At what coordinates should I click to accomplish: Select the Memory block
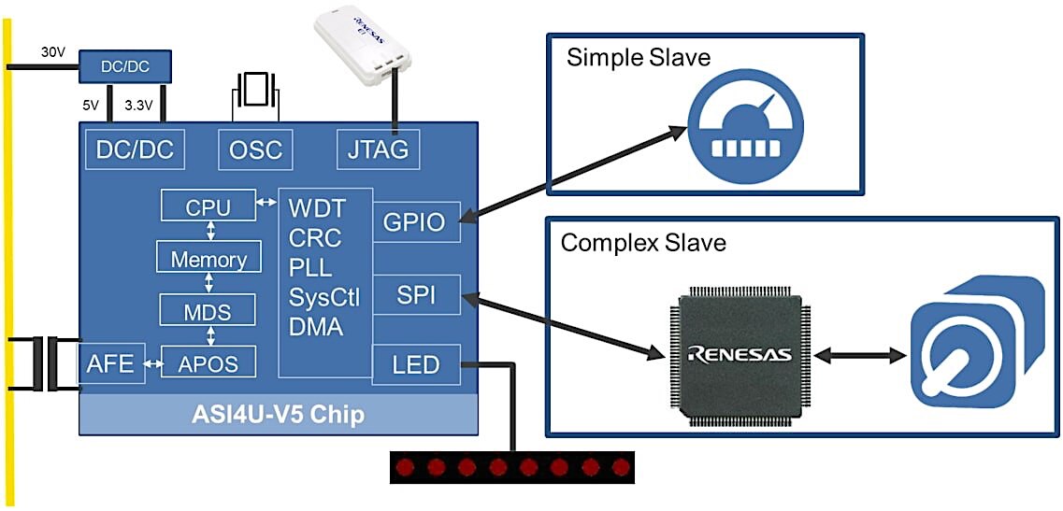click(x=208, y=258)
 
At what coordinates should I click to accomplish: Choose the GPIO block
click(x=416, y=221)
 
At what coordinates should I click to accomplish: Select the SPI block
click(x=416, y=295)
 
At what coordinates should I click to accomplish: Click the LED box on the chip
click(x=416, y=364)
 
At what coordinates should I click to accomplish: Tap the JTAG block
click(x=378, y=149)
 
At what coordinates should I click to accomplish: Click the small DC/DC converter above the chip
click(x=124, y=65)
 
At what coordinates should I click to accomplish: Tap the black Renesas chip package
click(x=739, y=354)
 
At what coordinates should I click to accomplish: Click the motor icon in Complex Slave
click(x=976, y=342)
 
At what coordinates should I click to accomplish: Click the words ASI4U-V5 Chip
click(x=278, y=414)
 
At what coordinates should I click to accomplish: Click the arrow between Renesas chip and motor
click(x=859, y=354)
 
